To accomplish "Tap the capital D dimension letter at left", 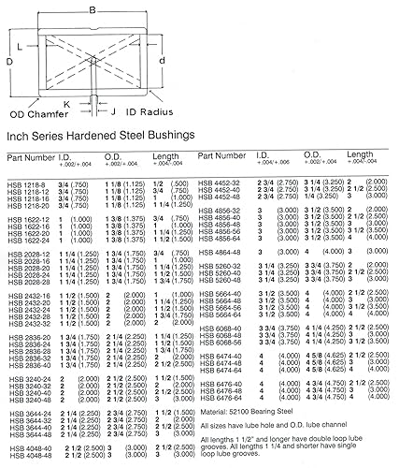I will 7,61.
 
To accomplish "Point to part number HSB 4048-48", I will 28,459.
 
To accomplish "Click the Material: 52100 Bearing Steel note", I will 258,408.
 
